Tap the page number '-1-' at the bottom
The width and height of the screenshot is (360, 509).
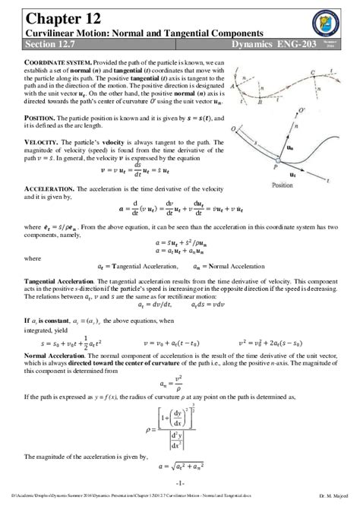click(179, 483)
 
